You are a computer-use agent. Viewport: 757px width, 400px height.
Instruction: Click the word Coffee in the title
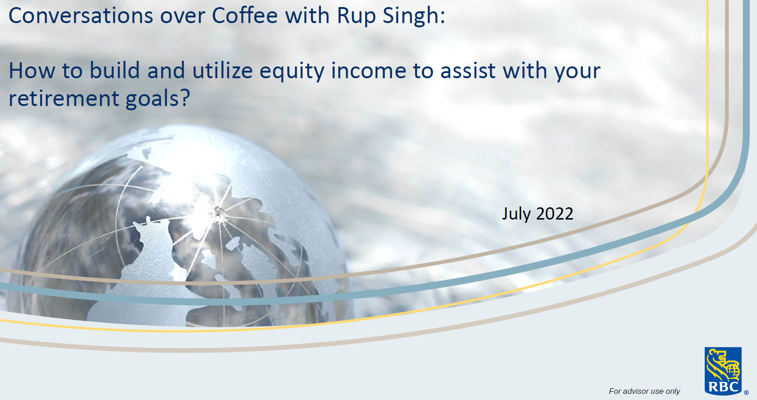point(245,16)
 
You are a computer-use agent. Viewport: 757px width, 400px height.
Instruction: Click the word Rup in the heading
point(355,16)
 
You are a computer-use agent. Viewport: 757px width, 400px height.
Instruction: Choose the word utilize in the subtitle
point(222,71)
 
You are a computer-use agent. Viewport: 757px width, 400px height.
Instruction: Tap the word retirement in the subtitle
point(64,98)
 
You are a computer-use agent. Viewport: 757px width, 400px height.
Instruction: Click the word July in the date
point(516,214)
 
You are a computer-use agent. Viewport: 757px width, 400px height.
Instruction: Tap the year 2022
point(554,214)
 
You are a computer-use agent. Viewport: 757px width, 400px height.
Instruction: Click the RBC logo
point(723,371)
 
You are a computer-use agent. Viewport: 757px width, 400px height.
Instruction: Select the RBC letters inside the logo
point(723,387)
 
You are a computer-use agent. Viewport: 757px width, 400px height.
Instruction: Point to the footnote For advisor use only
point(644,391)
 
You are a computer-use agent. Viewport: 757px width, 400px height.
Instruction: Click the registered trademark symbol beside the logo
point(746,392)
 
